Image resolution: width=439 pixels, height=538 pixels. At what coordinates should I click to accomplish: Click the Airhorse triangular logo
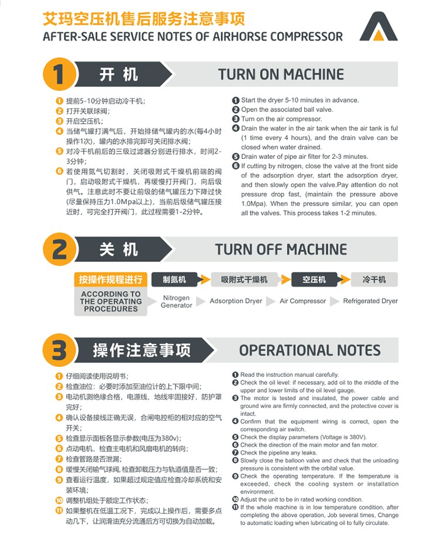point(378,28)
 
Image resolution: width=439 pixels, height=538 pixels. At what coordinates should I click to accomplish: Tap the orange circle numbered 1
point(59,74)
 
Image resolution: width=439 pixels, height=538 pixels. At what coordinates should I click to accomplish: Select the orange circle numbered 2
point(59,249)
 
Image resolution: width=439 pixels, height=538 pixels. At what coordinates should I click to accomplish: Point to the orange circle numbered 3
point(59,350)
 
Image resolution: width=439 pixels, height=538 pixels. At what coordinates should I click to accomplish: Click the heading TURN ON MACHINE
point(281,74)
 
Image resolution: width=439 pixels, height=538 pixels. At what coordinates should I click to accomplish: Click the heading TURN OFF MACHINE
point(281,250)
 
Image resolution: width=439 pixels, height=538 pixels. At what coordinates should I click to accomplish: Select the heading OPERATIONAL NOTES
point(310,350)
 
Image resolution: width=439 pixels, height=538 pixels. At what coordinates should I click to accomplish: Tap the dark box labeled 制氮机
point(174,280)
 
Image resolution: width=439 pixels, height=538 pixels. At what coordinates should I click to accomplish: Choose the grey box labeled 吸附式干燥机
point(244,280)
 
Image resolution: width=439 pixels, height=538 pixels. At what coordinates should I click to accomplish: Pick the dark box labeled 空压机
point(314,280)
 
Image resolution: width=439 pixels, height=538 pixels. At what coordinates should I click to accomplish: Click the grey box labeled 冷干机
point(374,280)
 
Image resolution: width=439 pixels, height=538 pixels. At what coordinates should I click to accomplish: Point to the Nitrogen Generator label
point(177,301)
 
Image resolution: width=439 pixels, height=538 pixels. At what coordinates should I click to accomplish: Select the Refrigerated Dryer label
point(371,301)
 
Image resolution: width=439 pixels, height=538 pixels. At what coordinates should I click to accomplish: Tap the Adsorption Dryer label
point(236,301)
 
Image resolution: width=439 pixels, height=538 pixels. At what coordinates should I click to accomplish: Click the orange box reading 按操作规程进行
point(111,280)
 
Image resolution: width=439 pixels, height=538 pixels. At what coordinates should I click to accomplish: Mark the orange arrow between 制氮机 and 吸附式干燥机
point(205,280)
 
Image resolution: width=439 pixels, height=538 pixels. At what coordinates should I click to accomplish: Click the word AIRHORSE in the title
point(239,36)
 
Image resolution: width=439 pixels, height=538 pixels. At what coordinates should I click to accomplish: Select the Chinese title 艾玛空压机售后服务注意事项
point(144,19)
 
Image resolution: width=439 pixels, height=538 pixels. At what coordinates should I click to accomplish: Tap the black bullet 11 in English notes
point(235,507)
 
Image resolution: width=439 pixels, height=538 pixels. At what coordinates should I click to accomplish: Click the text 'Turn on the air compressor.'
point(282,119)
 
